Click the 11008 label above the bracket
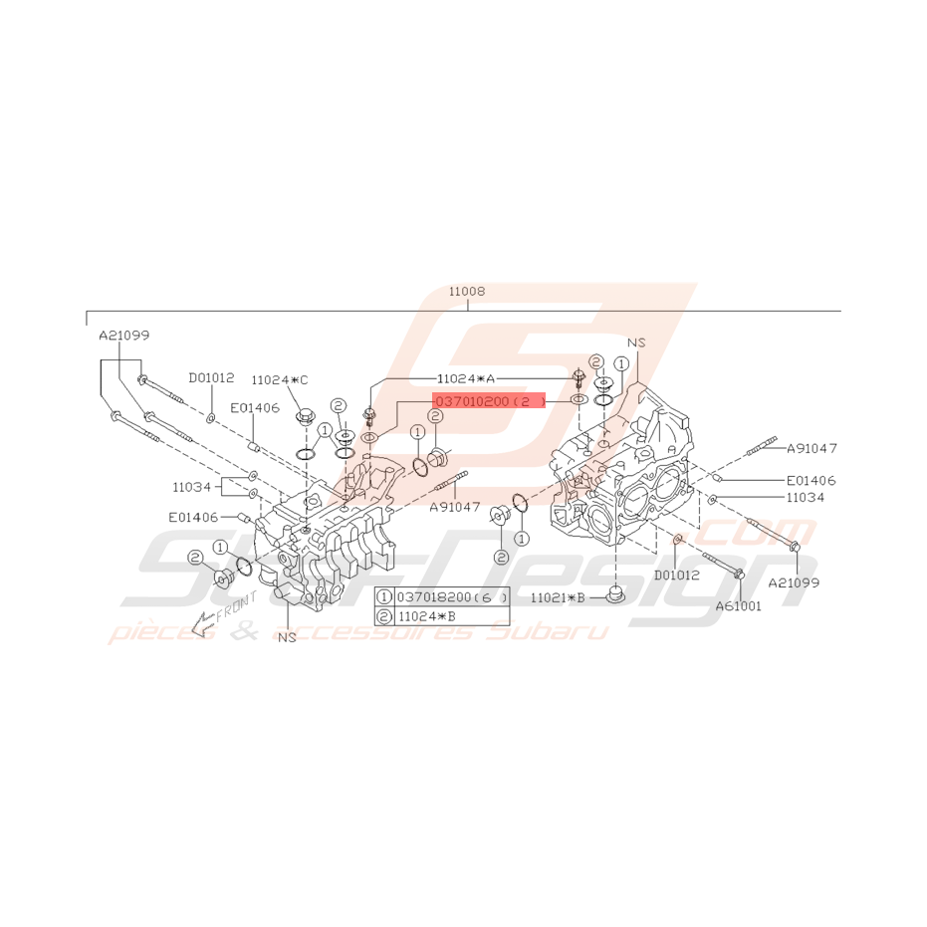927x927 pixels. click(x=466, y=292)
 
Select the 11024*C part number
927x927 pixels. click(x=280, y=379)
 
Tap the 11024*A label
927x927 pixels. click(x=465, y=378)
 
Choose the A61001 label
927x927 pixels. click(x=738, y=605)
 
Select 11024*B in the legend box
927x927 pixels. click(x=426, y=616)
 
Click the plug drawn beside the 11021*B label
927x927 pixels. click(x=616, y=595)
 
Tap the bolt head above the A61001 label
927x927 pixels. click(x=740, y=575)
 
